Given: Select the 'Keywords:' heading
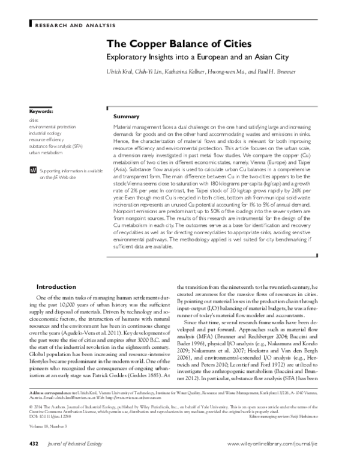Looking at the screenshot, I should [41, 112].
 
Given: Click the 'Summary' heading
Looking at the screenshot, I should [126, 116].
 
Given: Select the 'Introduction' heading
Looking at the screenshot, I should [56, 286].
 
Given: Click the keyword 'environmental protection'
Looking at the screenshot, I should [52, 126].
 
